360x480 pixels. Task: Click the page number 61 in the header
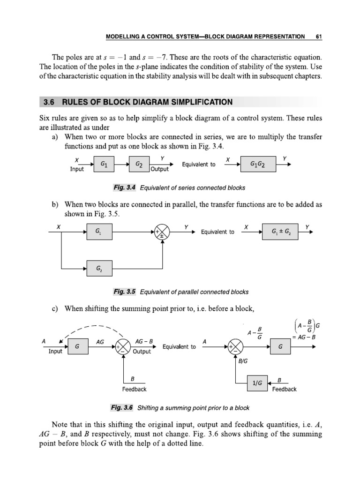click(x=318, y=36)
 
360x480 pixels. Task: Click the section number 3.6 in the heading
click(x=49, y=102)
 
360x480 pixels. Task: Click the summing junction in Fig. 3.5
click(x=162, y=232)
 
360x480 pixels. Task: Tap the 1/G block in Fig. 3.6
click(x=257, y=383)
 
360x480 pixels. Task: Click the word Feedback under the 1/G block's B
click(x=284, y=389)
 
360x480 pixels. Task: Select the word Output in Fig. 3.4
click(x=160, y=169)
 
